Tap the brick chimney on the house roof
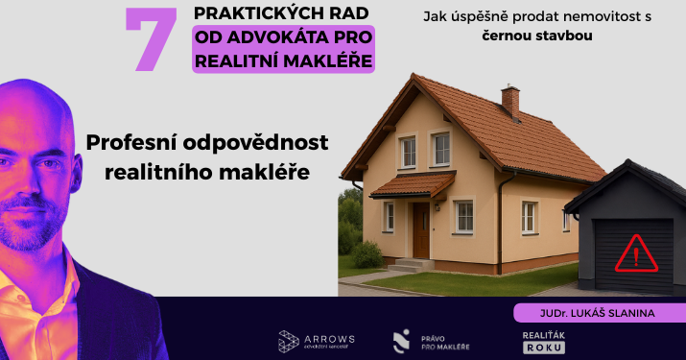point(510,100)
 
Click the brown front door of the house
point(420,229)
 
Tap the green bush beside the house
point(367,254)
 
